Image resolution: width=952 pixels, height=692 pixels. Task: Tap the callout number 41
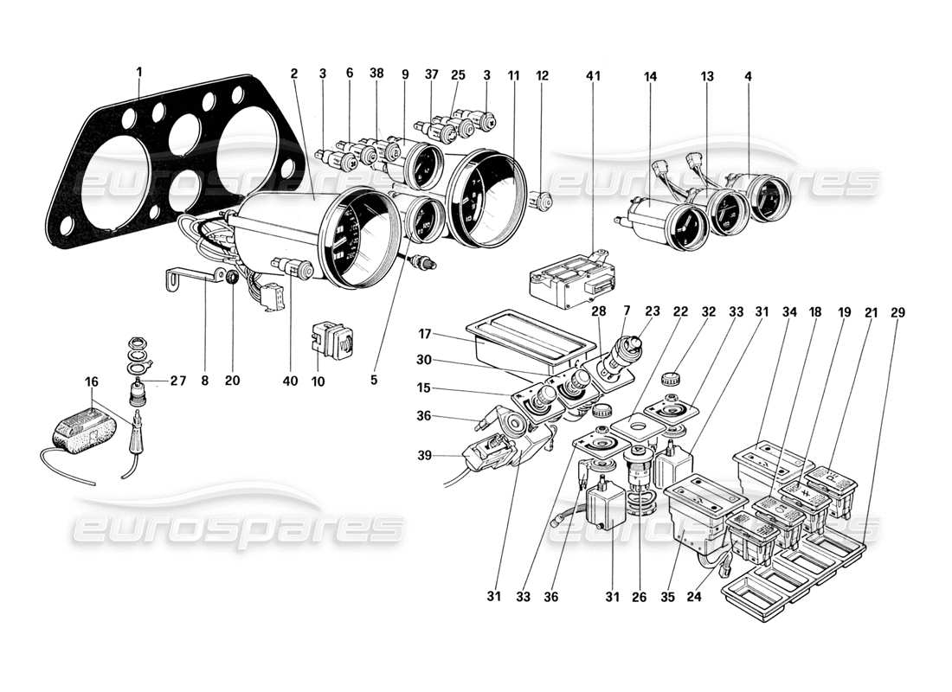(x=593, y=75)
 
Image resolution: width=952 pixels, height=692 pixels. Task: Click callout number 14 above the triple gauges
(x=650, y=76)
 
